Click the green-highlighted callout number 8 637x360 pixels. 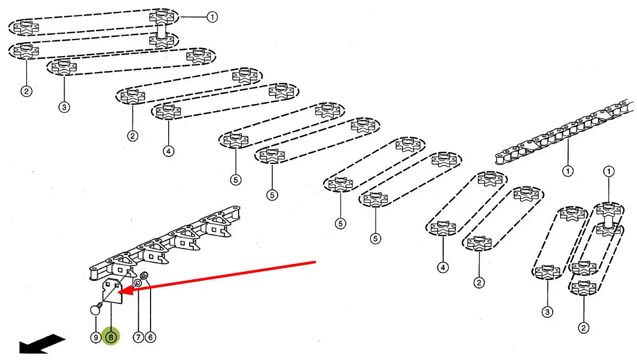pos(111,337)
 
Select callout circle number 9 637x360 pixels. pos(96,337)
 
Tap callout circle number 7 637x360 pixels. pos(138,337)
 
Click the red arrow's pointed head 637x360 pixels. pos(120,292)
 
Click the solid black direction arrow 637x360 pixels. pos(42,344)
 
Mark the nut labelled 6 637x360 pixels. pos(144,277)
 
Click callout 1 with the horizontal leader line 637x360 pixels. pos(213,17)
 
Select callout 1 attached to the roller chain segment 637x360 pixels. pos(567,171)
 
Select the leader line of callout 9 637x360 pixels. pos(95,323)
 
